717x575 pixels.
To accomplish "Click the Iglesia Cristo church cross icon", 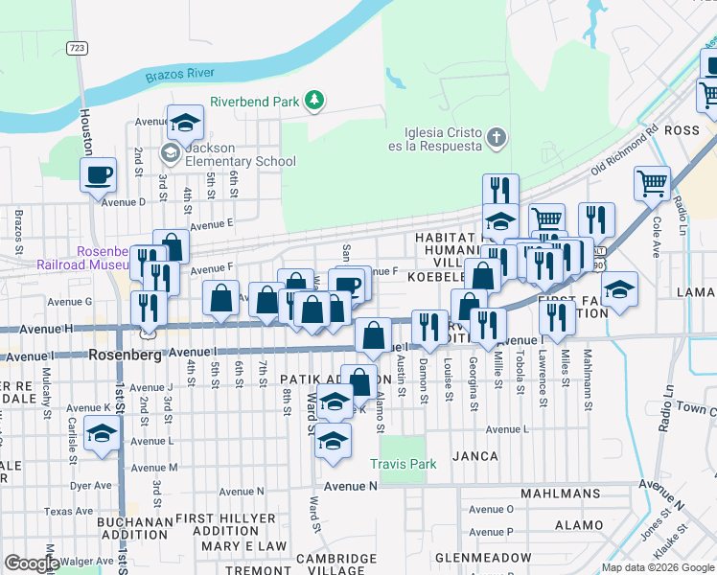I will pyautogui.click(x=496, y=138).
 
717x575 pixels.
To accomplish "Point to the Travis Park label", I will pyautogui.click(x=404, y=464).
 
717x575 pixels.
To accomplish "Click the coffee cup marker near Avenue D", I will pyautogui.click(x=99, y=175).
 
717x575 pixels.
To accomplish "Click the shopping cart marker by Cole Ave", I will pyautogui.click(x=652, y=182).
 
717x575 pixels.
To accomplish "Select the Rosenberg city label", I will pyautogui.click(x=124, y=354).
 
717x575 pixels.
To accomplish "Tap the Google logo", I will pyautogui.click(x=32, y=563).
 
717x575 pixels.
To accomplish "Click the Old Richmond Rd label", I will pyautogui.click(x=624, y=149).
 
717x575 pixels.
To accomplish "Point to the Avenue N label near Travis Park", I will pyautogui.click(x=350, y=486).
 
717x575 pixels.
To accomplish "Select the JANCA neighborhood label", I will pyautogui.click(x=476, y=456).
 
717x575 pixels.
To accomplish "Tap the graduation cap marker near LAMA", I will pyautogui.click(x=619, y=289).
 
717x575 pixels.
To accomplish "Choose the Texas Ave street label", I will pyautogui.click(x=65, y=511).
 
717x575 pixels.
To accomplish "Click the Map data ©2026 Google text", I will pyautogui.click(x=657, y=567).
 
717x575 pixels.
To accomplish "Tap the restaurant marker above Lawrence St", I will pyautogui.click(x=557, y=316).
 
